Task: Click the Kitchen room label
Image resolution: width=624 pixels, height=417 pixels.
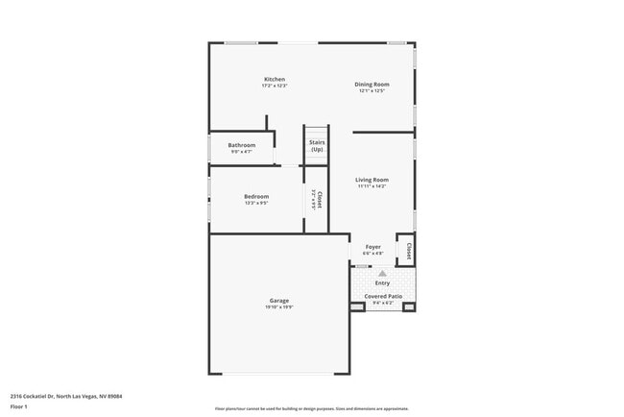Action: [275, 79]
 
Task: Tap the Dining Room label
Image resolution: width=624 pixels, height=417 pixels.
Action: [372, 84]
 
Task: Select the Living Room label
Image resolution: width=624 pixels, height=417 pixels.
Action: [372, 180]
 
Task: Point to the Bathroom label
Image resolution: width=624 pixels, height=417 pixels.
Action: [242, 145]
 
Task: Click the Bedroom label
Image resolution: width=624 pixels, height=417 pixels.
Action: [256, 196]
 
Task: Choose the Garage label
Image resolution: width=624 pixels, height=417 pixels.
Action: [278, 301]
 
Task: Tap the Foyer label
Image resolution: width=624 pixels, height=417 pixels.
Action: [373, 247]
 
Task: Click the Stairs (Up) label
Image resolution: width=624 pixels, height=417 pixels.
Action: [317, 146]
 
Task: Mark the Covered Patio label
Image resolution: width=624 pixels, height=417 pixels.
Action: [382, 296]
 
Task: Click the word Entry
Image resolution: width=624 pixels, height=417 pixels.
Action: [382, 282]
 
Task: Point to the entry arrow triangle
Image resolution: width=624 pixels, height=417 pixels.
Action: [382, 273]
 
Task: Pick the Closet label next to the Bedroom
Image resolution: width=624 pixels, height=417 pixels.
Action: [319, 200]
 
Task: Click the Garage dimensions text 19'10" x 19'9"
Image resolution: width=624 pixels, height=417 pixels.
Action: [278, 307]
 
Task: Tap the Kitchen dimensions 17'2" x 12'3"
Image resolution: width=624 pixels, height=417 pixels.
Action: [275, 86]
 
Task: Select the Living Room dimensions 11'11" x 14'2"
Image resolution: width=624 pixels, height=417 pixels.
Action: [372, 186]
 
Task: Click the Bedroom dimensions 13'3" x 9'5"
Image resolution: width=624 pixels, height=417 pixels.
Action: [256, 203]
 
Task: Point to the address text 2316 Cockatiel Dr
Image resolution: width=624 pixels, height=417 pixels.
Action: [65, 395]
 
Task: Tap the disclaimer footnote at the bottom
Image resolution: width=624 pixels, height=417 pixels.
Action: [311, 408]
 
